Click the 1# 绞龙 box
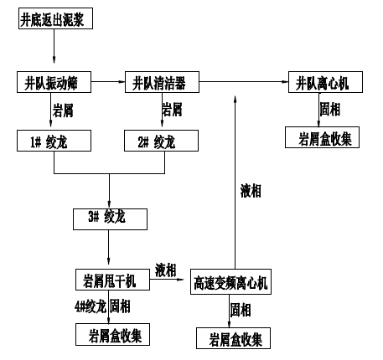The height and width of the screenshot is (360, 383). point(54,141)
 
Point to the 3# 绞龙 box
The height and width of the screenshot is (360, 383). point(111,219)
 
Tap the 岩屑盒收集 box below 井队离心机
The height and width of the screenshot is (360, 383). point(323,137)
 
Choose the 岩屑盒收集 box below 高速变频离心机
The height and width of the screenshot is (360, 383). point(234,339)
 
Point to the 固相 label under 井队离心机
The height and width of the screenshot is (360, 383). point(330,109)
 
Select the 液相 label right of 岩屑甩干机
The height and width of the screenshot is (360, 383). point(166,269)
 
